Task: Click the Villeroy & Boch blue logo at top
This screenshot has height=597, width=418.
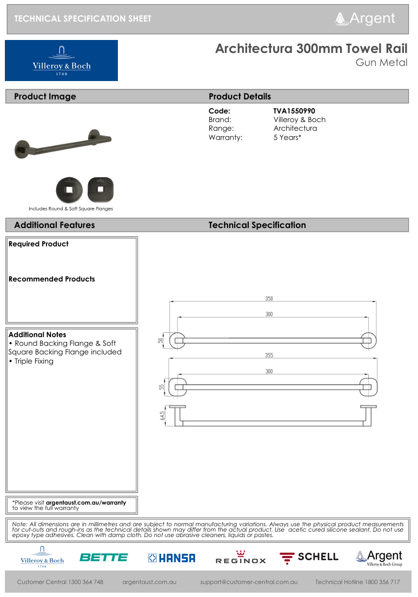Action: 61,61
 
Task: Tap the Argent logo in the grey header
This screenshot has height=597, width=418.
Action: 366,18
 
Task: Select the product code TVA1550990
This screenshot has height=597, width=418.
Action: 294,111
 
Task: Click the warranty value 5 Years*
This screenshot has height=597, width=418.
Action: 287,137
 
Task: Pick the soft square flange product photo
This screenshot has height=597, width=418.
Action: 101,189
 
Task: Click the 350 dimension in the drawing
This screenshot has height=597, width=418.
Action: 269,298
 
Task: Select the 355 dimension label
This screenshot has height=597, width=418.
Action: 269,355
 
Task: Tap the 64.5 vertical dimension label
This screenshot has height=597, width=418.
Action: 162,415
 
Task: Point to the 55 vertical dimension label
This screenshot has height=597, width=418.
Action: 161,387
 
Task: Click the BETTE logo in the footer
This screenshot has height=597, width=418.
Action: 103,558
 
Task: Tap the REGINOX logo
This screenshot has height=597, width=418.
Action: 241,558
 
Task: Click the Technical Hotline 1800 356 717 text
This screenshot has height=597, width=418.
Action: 357,582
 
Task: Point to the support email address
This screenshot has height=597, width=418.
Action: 249,582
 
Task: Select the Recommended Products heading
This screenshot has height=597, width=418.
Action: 51,279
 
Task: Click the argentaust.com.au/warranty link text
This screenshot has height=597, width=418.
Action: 85,502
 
